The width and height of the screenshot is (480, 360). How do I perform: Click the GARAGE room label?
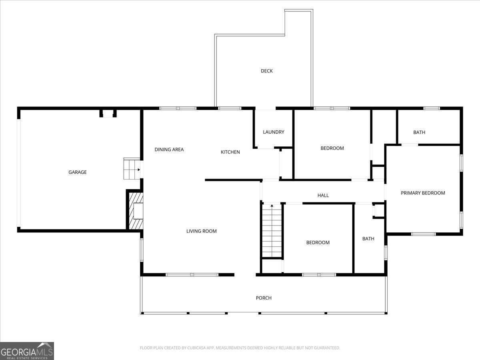(78, 172)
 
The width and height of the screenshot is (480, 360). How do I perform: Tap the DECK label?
(267, 71)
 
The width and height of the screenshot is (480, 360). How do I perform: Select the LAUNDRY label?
(274, 132)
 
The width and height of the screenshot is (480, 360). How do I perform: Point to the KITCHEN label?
(230, 152)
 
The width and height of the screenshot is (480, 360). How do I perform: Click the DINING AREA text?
(169, 150)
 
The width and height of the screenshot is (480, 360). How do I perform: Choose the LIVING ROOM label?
(202, 231)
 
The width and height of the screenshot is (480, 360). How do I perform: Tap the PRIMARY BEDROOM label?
(423, 193)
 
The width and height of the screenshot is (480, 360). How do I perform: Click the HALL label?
(323, 196)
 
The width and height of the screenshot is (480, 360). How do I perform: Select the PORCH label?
(264, 298)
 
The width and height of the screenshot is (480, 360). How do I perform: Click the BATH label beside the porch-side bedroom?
(368, 239)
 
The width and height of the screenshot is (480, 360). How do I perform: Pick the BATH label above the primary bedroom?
(419, 132)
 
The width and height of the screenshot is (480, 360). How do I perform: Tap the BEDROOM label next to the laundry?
(332, 148)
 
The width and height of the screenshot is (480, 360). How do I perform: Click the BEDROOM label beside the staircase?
(318, 243)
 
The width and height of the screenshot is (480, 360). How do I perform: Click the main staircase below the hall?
(272, 232)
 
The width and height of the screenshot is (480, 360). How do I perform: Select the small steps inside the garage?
(131, 169)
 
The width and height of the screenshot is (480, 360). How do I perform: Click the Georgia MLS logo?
(27, 351)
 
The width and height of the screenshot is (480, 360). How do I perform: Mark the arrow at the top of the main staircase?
(272, 206)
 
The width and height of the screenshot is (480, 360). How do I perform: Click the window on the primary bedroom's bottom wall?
(424, 234)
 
